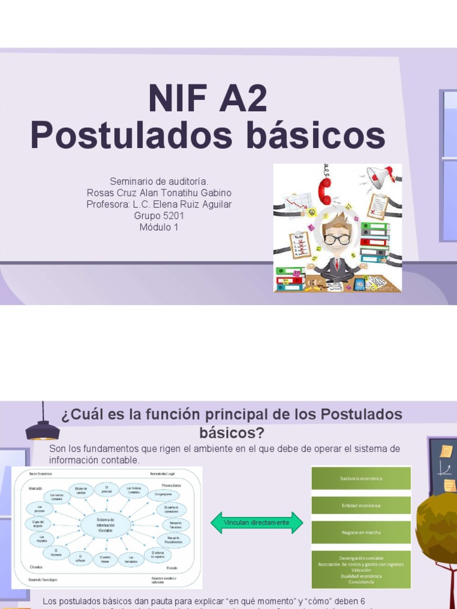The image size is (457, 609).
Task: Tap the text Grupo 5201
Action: (x=159, y=216)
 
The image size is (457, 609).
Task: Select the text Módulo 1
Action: (x=159, y=227)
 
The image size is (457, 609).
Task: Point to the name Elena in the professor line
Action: (x=171, y=205)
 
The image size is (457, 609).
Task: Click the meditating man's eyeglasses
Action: (x=337, y=239)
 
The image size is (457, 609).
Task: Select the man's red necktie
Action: (x=337, y=262)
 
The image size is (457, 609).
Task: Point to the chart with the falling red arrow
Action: (x=298, y=204)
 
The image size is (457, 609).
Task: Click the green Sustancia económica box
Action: (x=361, y=478)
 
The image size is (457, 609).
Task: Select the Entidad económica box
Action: (x=361, y=506)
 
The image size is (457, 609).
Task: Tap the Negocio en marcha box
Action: (x=361, y=532)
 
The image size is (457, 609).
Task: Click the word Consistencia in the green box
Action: (x=361, y=582)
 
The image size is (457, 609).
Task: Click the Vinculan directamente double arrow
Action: (x=256, y=523)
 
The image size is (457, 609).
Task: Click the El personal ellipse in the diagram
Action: (x=107, y=488)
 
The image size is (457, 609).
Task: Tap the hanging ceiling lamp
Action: (x=43, y=427)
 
